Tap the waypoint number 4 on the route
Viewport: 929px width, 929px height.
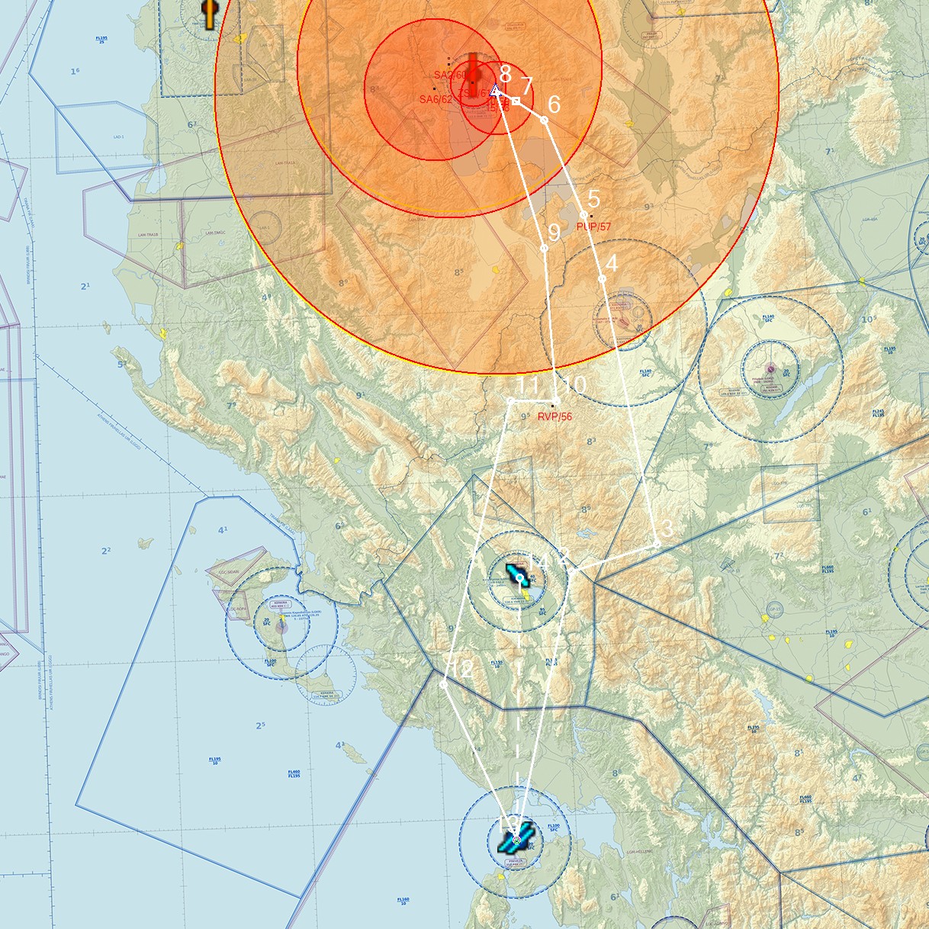611,262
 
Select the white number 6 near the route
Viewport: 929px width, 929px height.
554,104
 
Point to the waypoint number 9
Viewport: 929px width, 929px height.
554,232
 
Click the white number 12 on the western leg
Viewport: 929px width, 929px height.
462,669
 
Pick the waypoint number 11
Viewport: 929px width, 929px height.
528,386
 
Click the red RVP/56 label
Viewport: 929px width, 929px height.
555,416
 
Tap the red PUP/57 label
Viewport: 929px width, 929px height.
593,227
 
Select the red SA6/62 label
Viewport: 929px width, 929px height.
436,99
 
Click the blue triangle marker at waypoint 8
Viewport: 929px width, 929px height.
496,91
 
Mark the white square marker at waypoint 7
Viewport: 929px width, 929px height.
516,101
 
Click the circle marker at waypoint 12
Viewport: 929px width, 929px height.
444,684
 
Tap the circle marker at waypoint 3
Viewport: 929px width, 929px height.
657,545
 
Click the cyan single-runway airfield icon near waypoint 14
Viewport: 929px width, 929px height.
516,572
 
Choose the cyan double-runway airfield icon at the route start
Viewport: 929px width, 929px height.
512,841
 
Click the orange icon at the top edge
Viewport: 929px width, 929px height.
209,13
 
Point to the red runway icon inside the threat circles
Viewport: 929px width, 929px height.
473,74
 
